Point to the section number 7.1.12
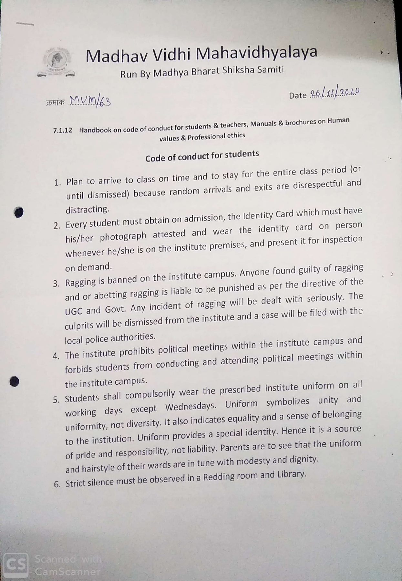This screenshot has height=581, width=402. point(63,131)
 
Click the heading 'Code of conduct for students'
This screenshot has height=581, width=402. point(202,156)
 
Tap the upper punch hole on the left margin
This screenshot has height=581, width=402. point(19,212)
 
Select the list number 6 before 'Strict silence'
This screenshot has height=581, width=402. point(57,484)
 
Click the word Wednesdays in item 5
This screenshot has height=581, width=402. point(191,407)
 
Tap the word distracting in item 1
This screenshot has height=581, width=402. point(88,210)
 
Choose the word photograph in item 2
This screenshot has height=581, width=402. point(123,237)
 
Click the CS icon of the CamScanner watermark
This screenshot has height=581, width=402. point(15,565)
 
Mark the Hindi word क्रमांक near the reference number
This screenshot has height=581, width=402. point(55,102)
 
